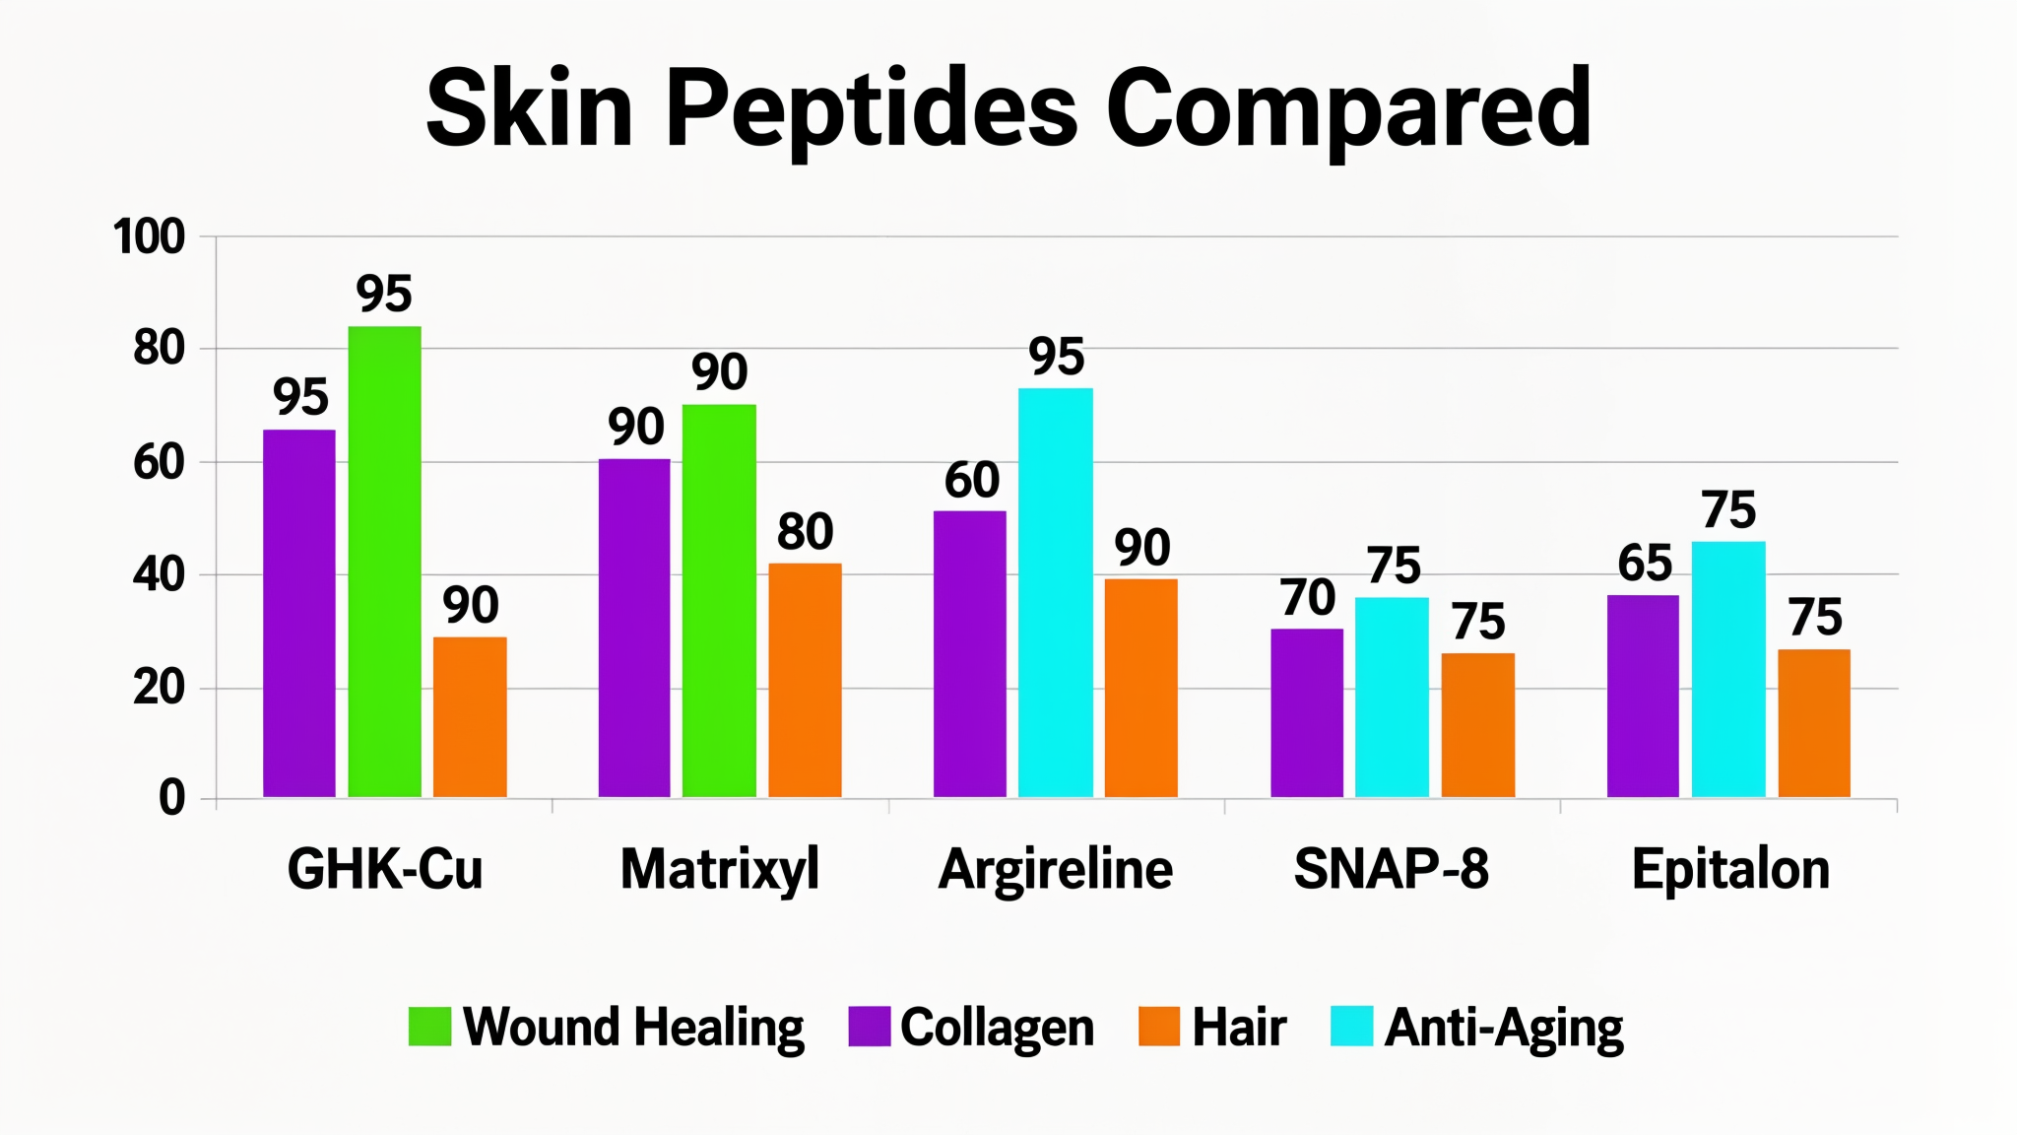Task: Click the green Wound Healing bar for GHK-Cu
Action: [384, 562]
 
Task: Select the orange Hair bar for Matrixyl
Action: [805, 680]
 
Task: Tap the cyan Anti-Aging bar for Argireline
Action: [1055, 591]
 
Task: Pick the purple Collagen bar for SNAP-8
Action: [1307, 712]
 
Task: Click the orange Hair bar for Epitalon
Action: [1813, 722]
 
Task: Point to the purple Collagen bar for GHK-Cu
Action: [299, 613]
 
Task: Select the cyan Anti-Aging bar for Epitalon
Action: [1728, 669]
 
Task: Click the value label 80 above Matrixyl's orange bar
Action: [805, 532]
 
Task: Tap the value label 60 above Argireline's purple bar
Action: [971, 480]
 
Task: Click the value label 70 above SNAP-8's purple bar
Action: [1307, 597]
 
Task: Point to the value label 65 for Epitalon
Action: [1644, 563]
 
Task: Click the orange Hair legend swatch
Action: [1158, 1026]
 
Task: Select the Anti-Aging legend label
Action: [1503, 1028]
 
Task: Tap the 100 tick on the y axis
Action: [149, 236]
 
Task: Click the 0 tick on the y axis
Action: [172, 797]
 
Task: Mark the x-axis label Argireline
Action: [1055, 869]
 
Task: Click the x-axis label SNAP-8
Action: [1391, 869]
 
